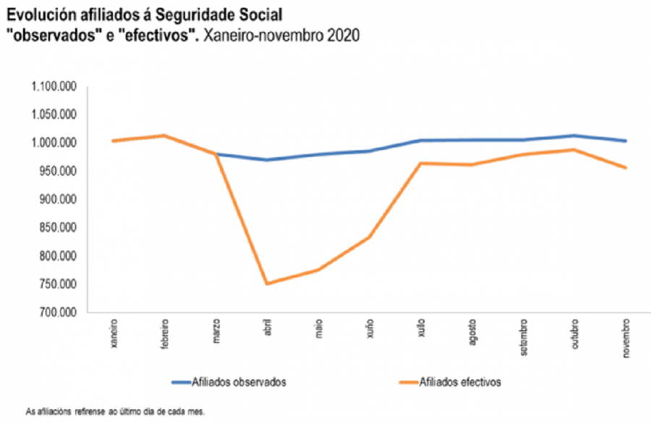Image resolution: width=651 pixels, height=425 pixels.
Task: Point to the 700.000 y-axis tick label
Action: point(57,313)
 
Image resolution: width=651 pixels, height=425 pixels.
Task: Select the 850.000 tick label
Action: point(57,228)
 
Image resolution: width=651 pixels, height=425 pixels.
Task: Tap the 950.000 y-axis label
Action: point(57,172)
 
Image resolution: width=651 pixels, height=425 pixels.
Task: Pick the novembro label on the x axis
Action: point(626,336)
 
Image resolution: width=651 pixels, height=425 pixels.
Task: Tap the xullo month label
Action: point(421,327)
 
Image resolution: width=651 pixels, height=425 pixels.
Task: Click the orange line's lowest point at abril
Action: point(267,283)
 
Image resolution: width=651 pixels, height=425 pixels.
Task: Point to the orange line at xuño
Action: point(370,237)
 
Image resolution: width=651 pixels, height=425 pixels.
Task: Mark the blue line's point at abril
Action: point(267,160)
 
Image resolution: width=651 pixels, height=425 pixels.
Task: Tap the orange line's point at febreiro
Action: point(164,135)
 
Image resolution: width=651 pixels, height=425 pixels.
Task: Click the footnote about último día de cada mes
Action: point(116,411)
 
